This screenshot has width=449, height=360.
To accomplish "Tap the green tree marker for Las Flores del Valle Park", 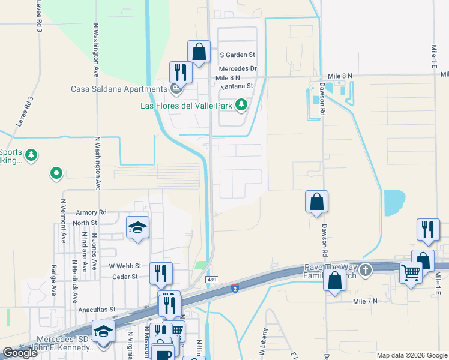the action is pyautogui.click(x=241, y=106).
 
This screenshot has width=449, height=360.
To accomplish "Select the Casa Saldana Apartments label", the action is pyautogui.click(x=119, y=89).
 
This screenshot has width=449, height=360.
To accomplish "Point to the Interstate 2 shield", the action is pyautogui.click(x=235, y=289).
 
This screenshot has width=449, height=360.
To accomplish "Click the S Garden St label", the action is pyautogui.click(x=237, y=55).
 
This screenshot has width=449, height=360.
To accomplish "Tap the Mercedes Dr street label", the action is pyautogui.click(x=238, y=69).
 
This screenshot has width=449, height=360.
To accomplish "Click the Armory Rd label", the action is pyautogui.click(x=91, y=212).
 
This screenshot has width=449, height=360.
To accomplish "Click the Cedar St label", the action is pyautogui.click(x=125, y=277).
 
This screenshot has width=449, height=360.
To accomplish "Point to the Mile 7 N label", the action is pyautogui.click(x=365, y=301).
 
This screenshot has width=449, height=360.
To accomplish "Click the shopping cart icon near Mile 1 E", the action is pyautogui.click(x=411, y=273).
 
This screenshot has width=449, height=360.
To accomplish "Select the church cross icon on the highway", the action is pyautogui.click(x=366, y=269).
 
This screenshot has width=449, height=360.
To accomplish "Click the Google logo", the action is pyautogui.click(x=20, y=353).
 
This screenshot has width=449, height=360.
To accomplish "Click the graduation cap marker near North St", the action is pyautogui.click(x=137, y=227).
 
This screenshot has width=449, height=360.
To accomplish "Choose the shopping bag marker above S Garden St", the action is pyautogui.click(x=199, y=52).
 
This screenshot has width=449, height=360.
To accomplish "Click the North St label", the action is pyautogui.click(x=80, y=223).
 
